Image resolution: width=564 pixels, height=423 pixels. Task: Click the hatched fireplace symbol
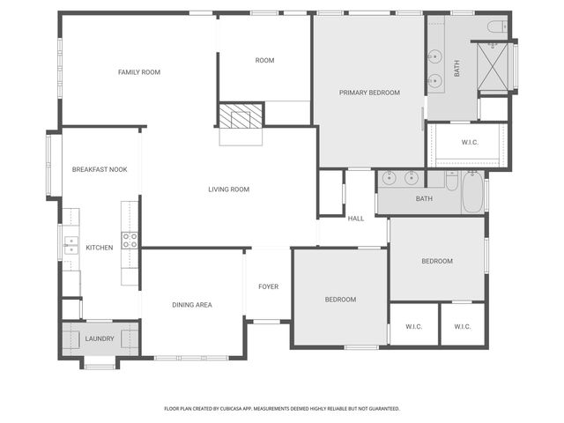241,115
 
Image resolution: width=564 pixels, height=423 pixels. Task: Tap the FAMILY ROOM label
139,72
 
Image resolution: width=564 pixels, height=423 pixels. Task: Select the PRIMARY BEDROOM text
369,93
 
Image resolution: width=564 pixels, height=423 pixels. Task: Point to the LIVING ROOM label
228,189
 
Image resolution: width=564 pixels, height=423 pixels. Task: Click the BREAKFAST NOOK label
100,169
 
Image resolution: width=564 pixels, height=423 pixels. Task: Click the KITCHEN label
99,248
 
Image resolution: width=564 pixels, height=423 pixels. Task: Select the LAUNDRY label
100,338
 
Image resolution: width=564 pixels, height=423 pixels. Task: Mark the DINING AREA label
191,305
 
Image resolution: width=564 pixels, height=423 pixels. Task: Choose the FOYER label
268,287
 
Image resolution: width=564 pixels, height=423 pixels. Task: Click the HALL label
355,219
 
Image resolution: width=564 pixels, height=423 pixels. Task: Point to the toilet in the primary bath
496,26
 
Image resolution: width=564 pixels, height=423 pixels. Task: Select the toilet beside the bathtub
451,182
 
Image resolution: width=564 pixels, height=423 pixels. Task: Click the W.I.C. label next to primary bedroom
470,143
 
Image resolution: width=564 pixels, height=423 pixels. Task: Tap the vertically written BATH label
456,68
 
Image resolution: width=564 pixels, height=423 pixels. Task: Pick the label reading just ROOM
264,61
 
